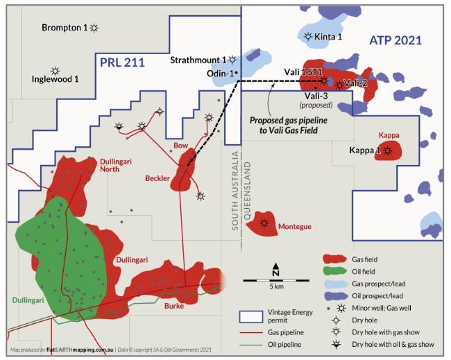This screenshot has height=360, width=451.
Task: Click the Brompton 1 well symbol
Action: tap(94, 27)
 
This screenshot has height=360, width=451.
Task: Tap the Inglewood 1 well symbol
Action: tap(55, 71)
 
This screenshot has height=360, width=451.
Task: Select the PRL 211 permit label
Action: tap(122, 63)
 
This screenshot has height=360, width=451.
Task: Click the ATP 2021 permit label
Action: tap(394, 41)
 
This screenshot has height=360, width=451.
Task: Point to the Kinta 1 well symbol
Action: tap(308, 36)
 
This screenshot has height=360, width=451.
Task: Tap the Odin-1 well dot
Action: tap(236, 72)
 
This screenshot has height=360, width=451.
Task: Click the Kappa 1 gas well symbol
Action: tap(388, 150)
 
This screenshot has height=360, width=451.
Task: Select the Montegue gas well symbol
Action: tap(264, 223)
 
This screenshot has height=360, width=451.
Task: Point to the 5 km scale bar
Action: tap(276, 280)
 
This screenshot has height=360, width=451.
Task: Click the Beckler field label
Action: tap(158, 178)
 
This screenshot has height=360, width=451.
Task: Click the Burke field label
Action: tap(173, 305)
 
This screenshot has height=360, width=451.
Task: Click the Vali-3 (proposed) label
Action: tap(316, 100)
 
